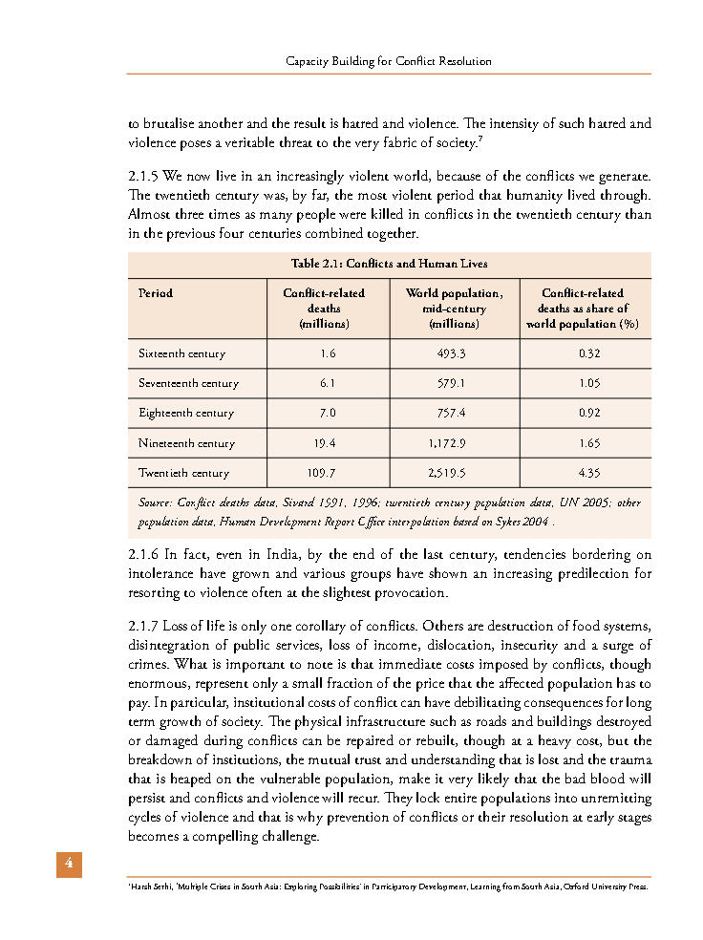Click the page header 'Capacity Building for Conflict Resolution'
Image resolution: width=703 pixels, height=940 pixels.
tap(389, 61)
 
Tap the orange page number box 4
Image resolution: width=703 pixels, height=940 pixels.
tap(69, 864)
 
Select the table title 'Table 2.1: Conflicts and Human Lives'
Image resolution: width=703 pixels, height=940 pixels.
tap(389, 264)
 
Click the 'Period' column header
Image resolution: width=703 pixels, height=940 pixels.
tap(156, 293)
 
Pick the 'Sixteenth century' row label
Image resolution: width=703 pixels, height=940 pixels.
tap(182, 353)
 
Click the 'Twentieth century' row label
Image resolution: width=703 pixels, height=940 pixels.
tap(184, 473)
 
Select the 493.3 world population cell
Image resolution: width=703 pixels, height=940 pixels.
tap(454, 353)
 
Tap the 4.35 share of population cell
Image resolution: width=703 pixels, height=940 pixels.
tap(584, 473)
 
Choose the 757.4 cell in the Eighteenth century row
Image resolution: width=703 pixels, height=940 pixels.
tap(454, 413)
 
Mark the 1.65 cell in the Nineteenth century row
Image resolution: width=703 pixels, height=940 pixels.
tap(584, 443)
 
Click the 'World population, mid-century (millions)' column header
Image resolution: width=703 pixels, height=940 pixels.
tap(454, 309)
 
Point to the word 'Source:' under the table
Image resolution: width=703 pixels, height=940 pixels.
tap(155, 502)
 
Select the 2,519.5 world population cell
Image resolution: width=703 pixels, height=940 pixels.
tap(454, 473)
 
